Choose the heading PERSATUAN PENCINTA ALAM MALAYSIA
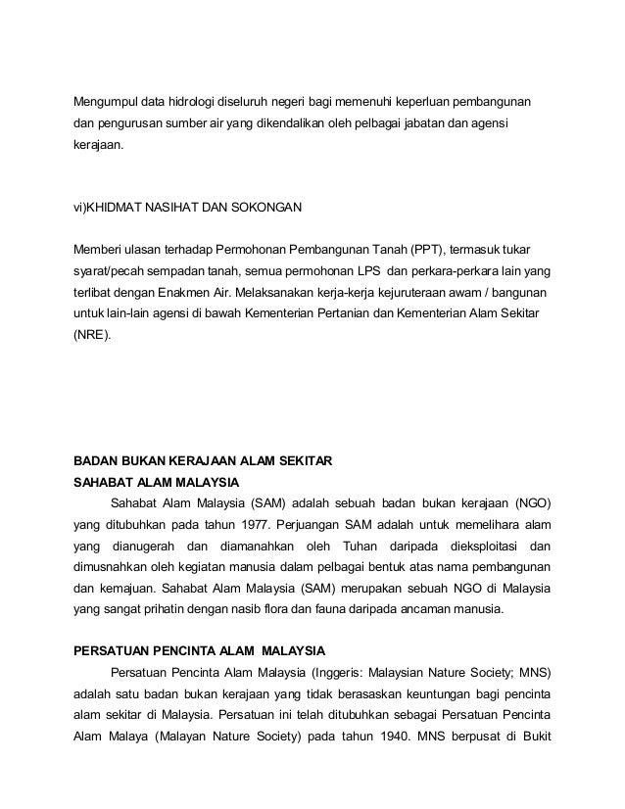click(x=201, y=651)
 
